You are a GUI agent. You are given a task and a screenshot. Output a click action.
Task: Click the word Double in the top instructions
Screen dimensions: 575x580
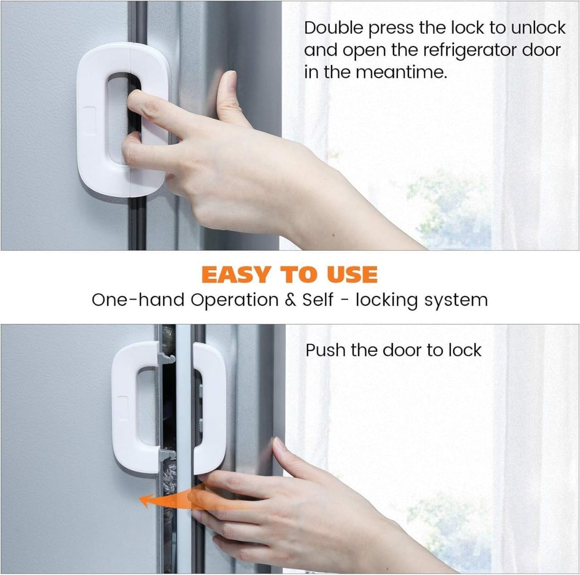click(333, 28)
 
